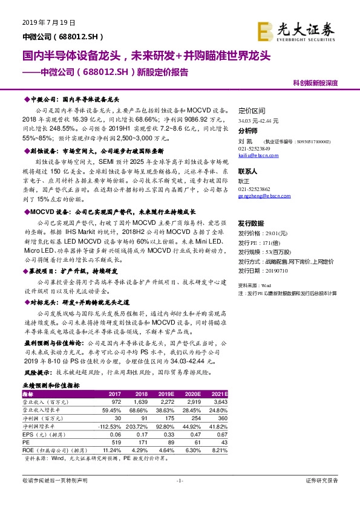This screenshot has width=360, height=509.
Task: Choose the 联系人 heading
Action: [x=249, y=172]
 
